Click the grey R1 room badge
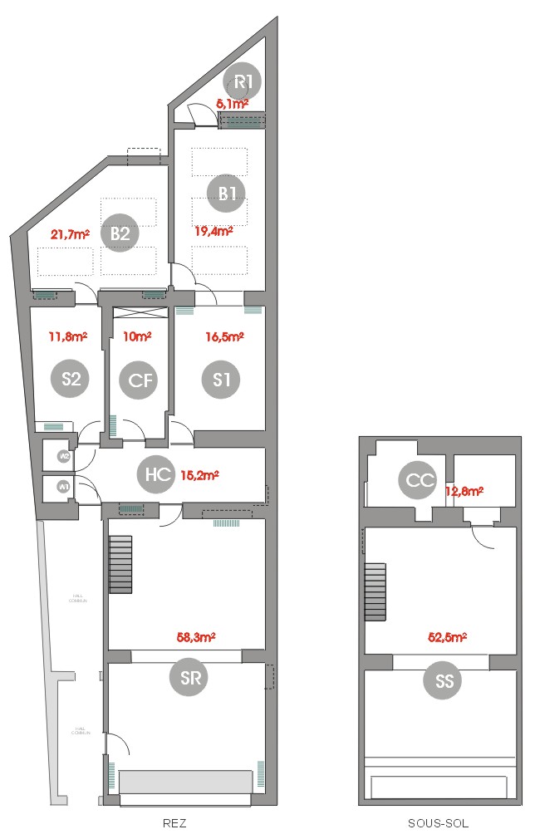tap(243, 81)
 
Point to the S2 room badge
tap(71, 379)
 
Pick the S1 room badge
tap(221, 380)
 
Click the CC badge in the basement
tap(416, 480)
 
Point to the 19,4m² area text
tap(214, 232)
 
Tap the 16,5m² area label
tap(224, 337)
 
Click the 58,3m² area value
tap(197, 638)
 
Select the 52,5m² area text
tap(447, 638)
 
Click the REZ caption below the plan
tap(174, 824)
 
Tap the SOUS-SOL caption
tap(438, 824)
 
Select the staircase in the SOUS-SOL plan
tap(376, 591)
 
